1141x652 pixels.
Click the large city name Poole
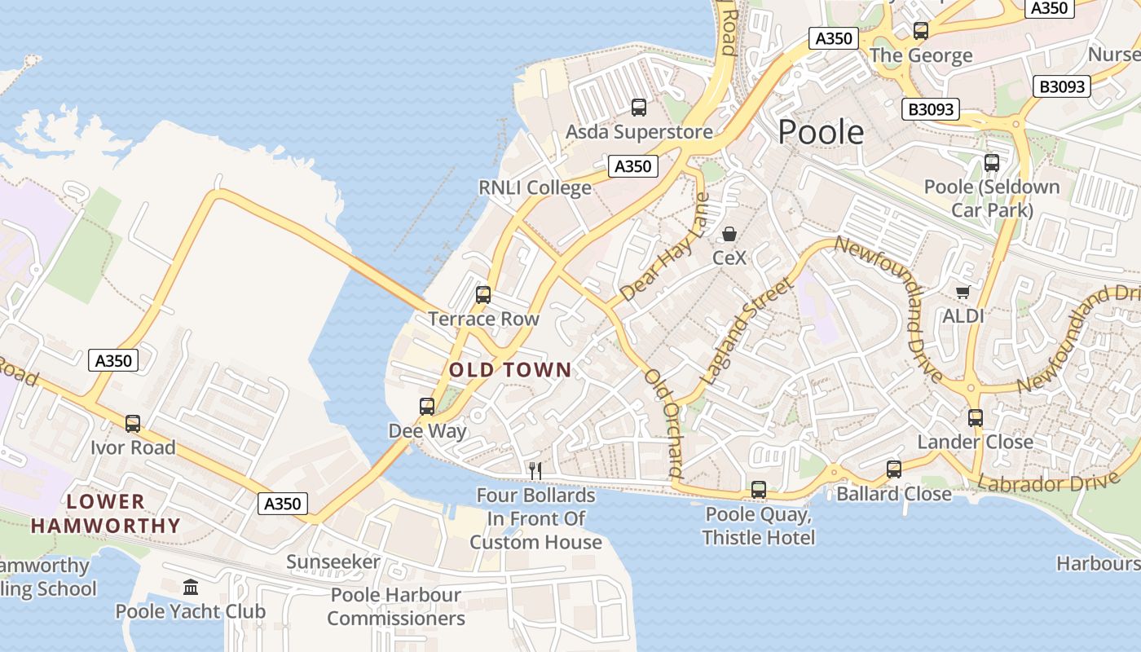pos(821,131)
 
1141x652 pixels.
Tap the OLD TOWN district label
pos(510,370)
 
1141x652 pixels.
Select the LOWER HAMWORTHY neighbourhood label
pos(105,513)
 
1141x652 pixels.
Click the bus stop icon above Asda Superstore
pos(639,107)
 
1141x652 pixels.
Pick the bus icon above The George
pos(921,31)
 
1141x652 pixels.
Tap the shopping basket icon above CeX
pos(729,235)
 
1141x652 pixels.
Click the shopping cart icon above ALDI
pos(963,292)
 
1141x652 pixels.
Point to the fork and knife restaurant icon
pos(535,470)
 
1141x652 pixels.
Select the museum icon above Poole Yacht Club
pos(191,587)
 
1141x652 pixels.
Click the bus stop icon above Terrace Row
pos(483,294)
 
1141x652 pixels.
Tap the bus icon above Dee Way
pos(427,406)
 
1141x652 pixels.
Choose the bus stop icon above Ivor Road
pos(133,424)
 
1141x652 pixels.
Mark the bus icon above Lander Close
pos(976,418)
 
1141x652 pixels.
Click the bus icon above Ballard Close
pos(894,469)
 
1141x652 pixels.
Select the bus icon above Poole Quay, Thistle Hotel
pos(759,490)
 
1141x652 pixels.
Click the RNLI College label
pos(535,187)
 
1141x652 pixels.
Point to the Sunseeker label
pos(333,562)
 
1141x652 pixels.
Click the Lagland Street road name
pos(746,332)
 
